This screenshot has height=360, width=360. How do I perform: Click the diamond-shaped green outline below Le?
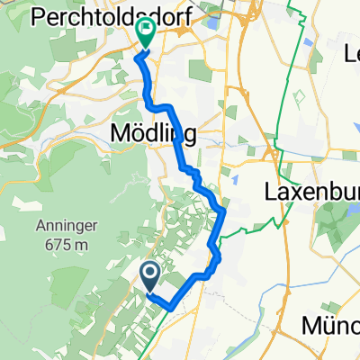pyautogui.click(x=300, y=96)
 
